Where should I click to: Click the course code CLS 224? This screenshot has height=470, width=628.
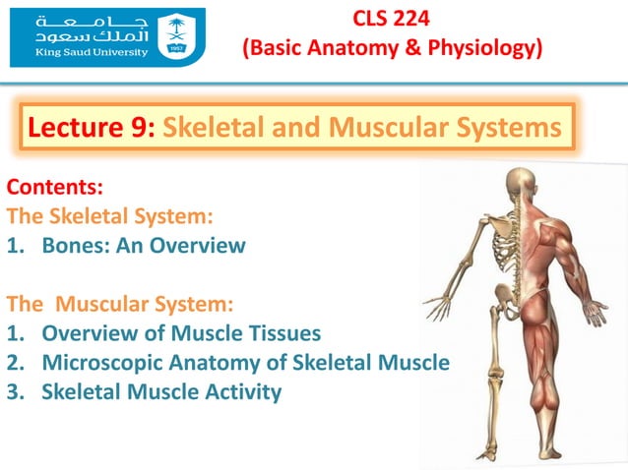click(393, 18)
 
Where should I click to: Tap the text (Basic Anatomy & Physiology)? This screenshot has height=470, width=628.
click(393, 46)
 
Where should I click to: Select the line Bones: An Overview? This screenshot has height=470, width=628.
click(143, 246)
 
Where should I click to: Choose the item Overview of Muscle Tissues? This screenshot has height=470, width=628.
click(181, 333)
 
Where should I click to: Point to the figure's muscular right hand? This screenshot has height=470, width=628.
click(597, 313)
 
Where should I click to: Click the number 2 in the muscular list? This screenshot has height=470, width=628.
click(15, 363)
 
